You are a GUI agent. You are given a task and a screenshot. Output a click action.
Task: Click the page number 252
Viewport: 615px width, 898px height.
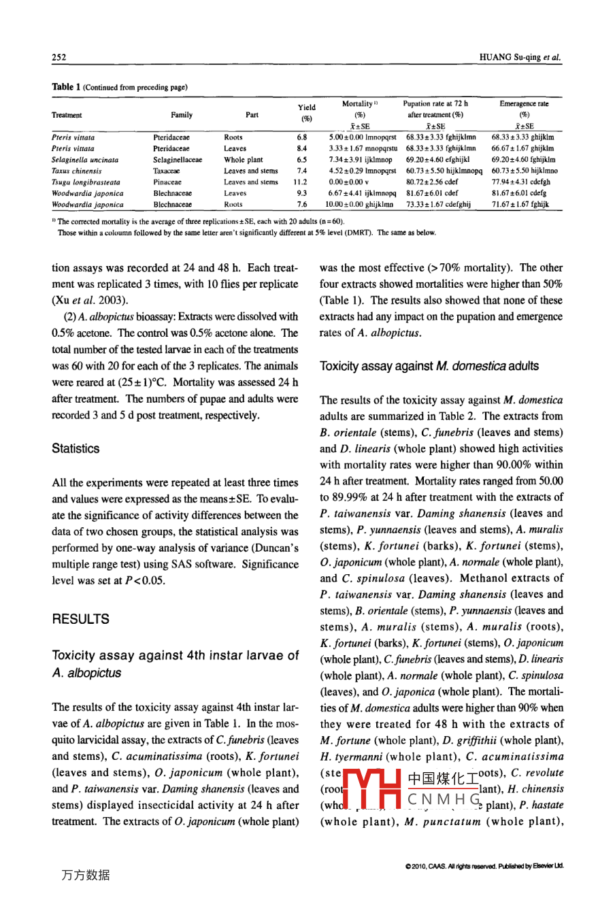(x=59, y=58)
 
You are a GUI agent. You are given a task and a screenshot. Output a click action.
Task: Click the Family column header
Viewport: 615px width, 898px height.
(x=181, y=115)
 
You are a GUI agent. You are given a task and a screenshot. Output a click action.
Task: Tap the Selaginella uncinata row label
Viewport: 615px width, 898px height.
(x=85, y=160)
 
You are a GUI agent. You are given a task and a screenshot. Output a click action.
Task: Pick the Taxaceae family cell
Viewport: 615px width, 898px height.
(x=167, y=171)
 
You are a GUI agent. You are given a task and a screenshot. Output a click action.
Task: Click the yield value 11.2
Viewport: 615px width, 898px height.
(x=300, y=182)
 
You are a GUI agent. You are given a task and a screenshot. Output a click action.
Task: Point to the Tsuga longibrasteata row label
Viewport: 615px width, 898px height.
(x=86, y=182)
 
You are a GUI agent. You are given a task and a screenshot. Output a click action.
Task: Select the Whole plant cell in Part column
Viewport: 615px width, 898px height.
(x=243, y=160)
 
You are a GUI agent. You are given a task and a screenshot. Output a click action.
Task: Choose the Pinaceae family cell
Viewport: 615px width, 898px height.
(x=167, y=182)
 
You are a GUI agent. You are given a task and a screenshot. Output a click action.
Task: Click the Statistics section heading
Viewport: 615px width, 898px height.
(x=76, y=449)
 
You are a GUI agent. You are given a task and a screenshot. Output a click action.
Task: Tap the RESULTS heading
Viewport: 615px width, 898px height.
(x=80, y=619)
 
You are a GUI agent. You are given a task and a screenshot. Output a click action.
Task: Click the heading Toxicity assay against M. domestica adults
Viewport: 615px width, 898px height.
(x=429, y=367)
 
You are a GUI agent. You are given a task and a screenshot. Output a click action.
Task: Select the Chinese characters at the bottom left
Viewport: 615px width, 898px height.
(x=85, y=876)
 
